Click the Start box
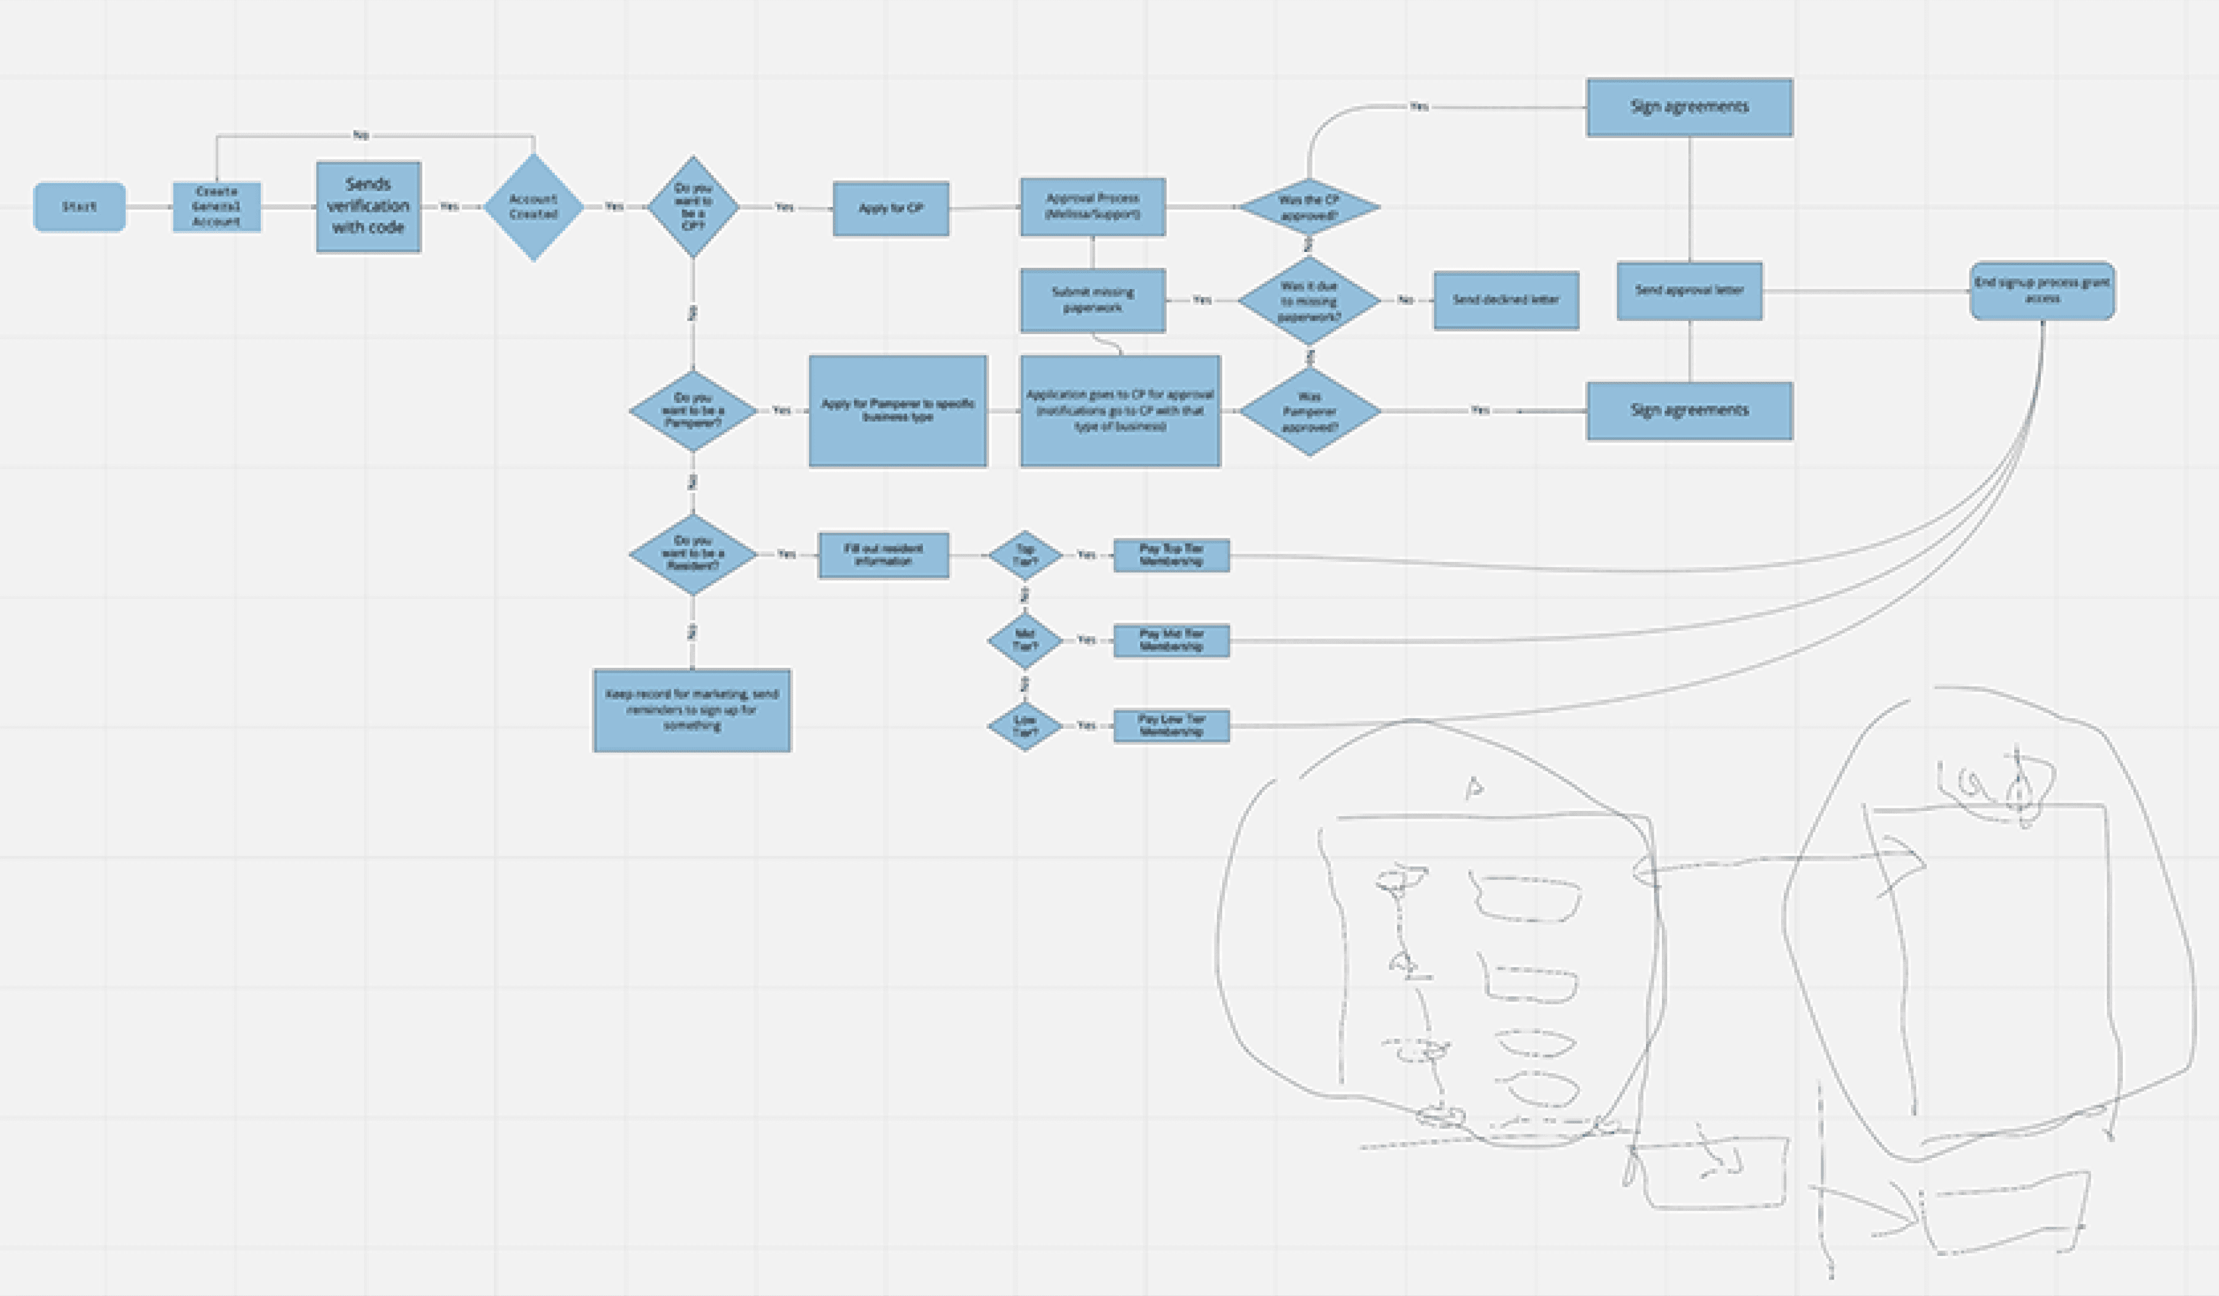coord(79,207)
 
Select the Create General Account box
coord(217,207)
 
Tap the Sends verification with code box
coord(368,206)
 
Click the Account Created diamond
coord(534,207)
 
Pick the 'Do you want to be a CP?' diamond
coord(693,207)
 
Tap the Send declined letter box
coord(1505,300)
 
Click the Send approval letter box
coord(1689,290)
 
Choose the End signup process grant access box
coord(2042,290)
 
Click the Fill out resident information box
coord(883,555)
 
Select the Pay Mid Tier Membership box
coord(1171,640)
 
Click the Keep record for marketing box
coord(692,711)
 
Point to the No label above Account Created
coord(361,135)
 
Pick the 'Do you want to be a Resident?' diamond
coord(693,554)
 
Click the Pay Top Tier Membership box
coord(1171,555)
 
